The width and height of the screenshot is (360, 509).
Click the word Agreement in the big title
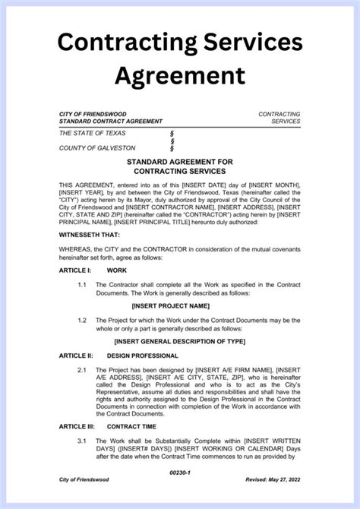(x=180, y=74)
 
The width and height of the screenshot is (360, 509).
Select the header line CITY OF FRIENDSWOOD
(x=93, y=114)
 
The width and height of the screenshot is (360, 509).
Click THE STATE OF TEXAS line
(x=93, y=133)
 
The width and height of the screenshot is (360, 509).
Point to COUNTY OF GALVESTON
(x=97, y=148)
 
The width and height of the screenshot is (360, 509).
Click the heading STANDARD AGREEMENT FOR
(x=180, y=163)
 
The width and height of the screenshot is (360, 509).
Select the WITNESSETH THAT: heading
(x=90, y=236)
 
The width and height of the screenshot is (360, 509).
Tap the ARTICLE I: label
(x=75, y=270)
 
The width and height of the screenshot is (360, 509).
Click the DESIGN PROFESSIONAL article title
(x=143, y=356)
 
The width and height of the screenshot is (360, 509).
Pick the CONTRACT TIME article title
(x=133, y=427)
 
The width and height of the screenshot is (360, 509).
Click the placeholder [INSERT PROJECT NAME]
(x=180, y=306)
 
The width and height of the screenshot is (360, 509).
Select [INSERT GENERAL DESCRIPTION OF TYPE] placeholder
(x=180, y=342)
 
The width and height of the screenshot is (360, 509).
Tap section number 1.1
(x=81, y=285)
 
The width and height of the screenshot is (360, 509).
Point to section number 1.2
(x=81, y=321)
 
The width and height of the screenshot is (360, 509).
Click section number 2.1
(x=81, y=370)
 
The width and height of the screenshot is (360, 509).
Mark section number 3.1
(x=81, y=441)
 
